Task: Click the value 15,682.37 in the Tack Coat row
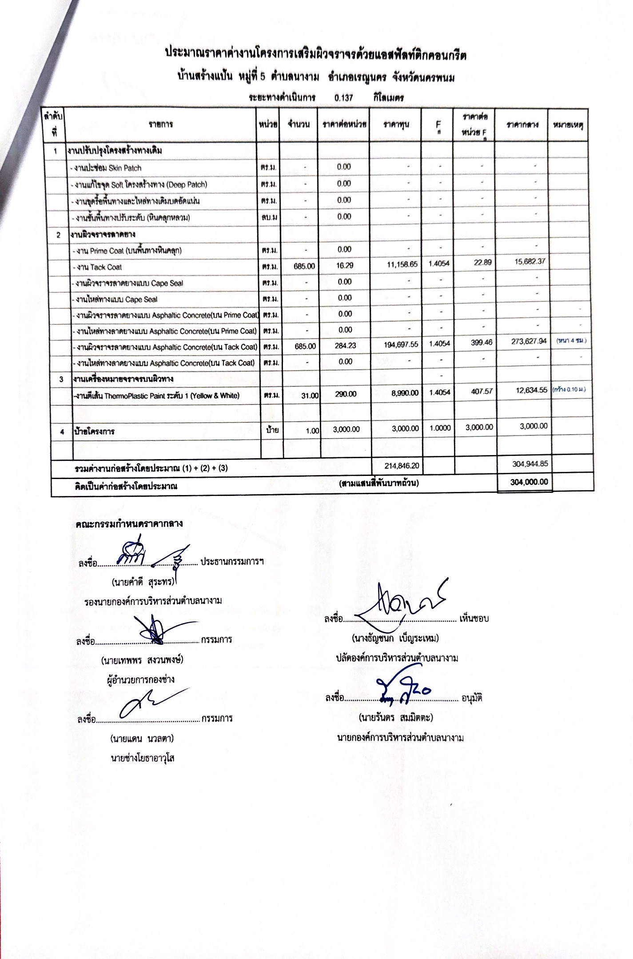pos(529,262)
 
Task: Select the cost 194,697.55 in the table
pos(401,344)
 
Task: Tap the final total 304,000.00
pos(529,482)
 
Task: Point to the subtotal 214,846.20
pos(401,465)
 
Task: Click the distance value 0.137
pos(343,98)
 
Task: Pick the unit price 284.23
pos(345,345)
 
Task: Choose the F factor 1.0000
pos(440,428)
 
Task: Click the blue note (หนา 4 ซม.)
pos(571,340)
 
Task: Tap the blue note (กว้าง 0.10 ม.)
pos(569,389)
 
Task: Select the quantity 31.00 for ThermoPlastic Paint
pos(310,395)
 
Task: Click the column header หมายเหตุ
pos(568,125)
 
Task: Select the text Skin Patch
pos(125,168)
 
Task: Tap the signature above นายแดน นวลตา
pos(151,702)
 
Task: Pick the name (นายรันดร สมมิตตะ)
pos(396,717)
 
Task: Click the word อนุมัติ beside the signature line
pos(472,698)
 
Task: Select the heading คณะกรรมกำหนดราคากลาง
pos(129,523)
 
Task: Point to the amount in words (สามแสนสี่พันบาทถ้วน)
pos(378,483)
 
